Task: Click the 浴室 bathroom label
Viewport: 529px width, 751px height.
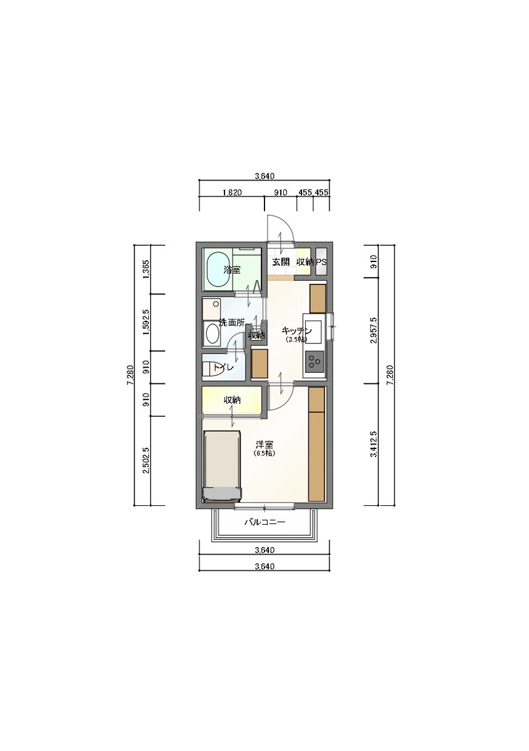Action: [232, 270]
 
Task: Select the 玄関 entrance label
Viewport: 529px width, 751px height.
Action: [280, 262]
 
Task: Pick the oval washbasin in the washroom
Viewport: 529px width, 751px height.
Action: [212, 334]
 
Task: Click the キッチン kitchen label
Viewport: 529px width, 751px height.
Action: [296, 331]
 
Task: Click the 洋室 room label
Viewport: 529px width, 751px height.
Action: [264, 445]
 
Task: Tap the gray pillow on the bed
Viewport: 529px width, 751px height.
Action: [223, 494]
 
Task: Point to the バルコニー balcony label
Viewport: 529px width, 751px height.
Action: [264, 522]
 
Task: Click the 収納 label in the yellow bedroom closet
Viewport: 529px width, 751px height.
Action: [233, 400]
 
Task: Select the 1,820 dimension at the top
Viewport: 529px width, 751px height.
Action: [232, 193]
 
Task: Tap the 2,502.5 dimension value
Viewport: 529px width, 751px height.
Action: [146, 460]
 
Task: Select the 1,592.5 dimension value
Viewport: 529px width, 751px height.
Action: [146, 322]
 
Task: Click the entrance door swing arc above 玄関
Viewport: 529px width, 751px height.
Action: [287, 224]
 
